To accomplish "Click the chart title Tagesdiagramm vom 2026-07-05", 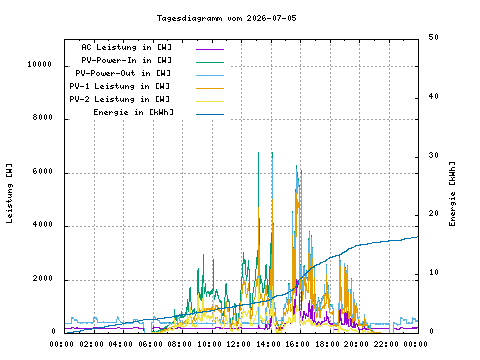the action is pyautogui.click(x=227, y=18).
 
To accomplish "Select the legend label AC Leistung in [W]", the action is pyautogui.click(x=127, y=47).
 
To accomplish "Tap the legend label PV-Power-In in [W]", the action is pyautogui.click(x=127, y=60).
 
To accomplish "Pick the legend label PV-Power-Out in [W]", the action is pyautogui.click(x=123, y=73).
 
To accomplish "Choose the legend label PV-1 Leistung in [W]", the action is pyautogui.click(x=120, y=86).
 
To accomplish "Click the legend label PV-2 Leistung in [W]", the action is pyautogui.click(x=120, y=99).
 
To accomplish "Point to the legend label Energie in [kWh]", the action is pyautogui.click(x=133, y=112).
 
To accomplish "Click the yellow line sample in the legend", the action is pyautogui.click(x=210, y=101).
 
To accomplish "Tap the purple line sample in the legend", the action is pyautogui.click(x=210, y=49).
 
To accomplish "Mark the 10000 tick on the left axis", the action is pyautogui.click(x=40, y=64).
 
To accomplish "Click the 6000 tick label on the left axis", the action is pyautogui.click(x=43, y=171).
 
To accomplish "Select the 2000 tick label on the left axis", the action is pyautogui.click(x=43, y=278).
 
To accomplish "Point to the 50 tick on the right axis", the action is pyautogui.click(x=434, y=37).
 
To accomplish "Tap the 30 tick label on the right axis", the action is pyautogui.click(x=434, y=155).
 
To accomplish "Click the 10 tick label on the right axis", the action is pyautogui.click(x=434, y=272).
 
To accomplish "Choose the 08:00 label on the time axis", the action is pyautogui.click(x=179, y=344).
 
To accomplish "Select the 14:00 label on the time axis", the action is pyautogui.click(x=268, y=344).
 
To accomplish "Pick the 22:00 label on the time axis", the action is pyautogui.click(x=386, y=344).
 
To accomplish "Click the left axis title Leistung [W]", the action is pyautogui.click(x=9, y=193).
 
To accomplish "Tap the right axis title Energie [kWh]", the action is pyautogui.click(x=452, y=194).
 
